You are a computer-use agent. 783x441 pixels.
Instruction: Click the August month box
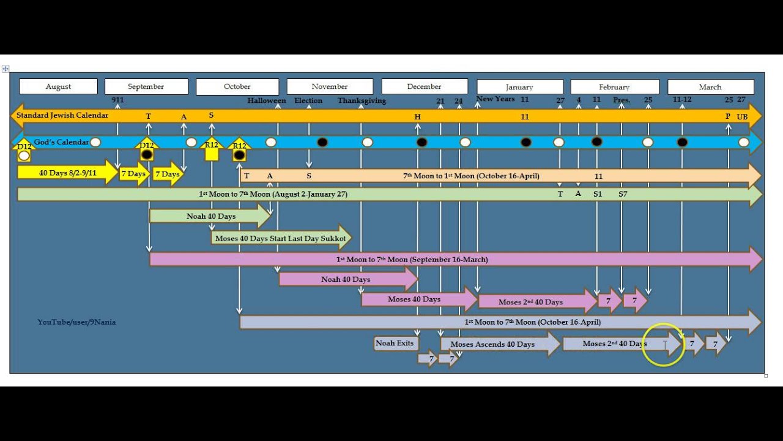58,86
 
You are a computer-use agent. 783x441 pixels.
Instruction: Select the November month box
330,86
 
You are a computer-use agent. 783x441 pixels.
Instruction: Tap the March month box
710,87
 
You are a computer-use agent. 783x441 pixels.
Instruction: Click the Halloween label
266,100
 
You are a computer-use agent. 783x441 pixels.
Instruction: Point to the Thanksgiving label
362,100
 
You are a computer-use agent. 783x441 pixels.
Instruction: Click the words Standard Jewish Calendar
62,115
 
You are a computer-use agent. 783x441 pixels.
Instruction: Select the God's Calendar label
61,142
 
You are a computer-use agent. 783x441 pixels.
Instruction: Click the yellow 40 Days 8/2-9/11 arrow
67,173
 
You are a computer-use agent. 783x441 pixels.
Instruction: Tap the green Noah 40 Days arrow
210,216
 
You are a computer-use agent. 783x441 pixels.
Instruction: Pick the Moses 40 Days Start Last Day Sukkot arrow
281,238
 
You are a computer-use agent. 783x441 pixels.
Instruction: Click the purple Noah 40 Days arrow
346,279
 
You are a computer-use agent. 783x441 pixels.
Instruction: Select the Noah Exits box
395,343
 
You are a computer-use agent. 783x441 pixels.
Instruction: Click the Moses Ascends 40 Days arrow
493,344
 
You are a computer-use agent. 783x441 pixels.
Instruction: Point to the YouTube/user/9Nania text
76,322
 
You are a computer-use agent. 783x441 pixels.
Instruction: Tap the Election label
308,100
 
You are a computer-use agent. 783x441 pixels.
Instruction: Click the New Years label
495,99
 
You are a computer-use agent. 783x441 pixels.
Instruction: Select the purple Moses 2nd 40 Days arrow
531,302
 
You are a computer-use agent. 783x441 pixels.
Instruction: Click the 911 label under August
117,100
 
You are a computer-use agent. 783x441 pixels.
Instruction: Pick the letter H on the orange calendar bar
418,117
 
